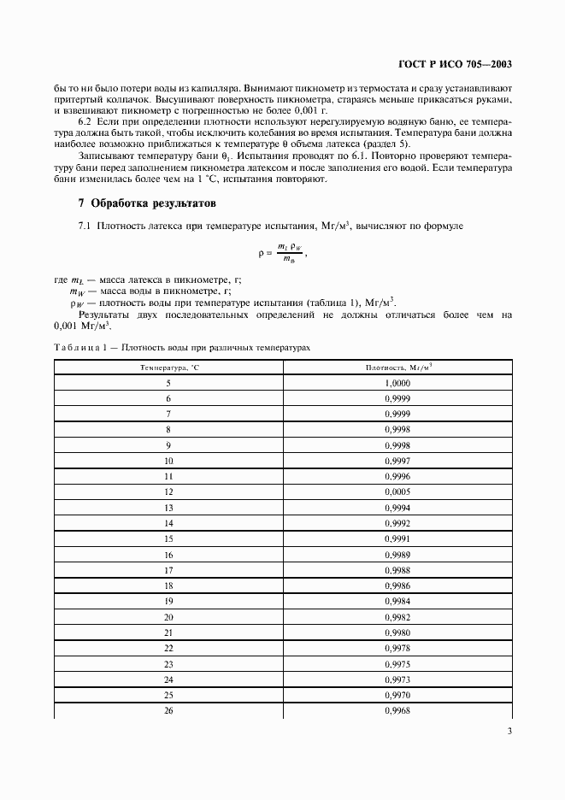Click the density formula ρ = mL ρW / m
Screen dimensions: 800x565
(x=282, y=253)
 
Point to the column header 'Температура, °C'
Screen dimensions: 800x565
(x=168, y=368)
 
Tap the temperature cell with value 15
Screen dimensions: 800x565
(x=168, y=538)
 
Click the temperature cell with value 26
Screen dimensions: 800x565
(x=168, y=709)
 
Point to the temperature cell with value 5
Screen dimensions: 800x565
(x=168, y=384)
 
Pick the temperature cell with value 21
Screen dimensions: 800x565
(x=168, y=632)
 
